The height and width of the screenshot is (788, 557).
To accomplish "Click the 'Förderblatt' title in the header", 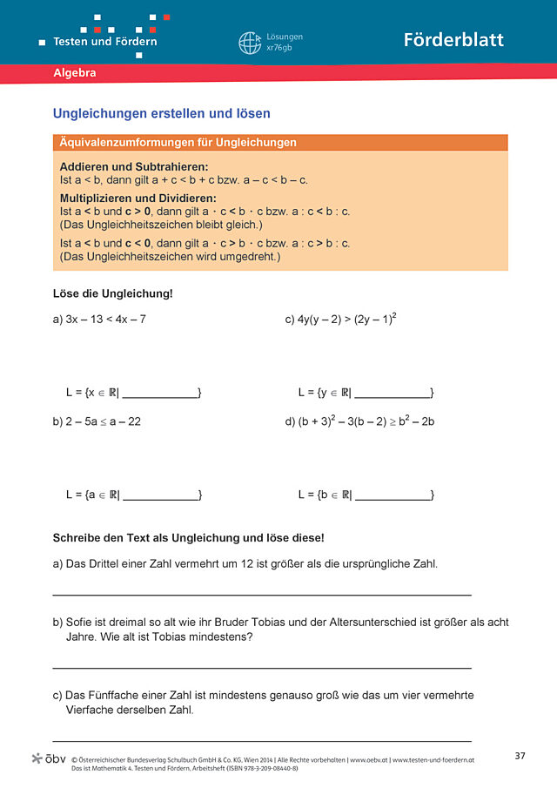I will pos(453,40).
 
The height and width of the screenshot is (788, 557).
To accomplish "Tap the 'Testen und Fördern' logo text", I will pos(104,41).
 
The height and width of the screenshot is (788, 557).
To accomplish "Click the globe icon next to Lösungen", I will pos(250,43).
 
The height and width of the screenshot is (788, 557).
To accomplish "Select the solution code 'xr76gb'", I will pos(280,49).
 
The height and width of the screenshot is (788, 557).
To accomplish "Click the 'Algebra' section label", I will pos(75,73).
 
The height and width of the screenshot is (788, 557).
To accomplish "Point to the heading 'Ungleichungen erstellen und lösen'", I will pos(162,113).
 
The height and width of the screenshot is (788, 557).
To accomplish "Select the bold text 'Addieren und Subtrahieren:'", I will pos(134,166).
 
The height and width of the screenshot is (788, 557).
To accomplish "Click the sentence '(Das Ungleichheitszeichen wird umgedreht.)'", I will pos(170,257).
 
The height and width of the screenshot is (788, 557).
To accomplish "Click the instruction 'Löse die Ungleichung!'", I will pos(113,293).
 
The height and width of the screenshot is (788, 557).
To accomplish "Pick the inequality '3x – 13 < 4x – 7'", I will pos(105,320).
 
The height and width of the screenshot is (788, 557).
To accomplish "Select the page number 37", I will pos(520,756).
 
